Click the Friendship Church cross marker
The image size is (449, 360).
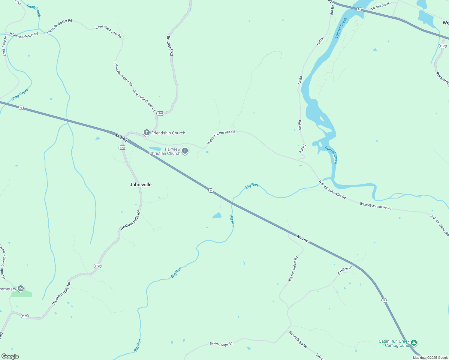[146, 132]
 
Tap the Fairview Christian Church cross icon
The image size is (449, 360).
[185, 151]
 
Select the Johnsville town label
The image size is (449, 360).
[140, 184]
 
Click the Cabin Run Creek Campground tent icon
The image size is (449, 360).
[414, 342]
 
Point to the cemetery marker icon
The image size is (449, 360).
[21, 289]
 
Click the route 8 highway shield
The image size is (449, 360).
[359, 9]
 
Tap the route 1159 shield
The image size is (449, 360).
[442, 46]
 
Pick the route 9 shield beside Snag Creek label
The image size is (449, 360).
[21, 108]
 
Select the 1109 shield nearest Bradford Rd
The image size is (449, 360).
[160, 113]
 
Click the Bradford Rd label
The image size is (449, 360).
[170, 46]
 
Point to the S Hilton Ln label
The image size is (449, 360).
[345, 271]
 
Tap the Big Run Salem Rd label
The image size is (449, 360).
[293, 268]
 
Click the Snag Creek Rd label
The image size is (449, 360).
[5, 46]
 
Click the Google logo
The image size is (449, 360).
[10, 356]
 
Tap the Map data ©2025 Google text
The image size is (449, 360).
[430, 358]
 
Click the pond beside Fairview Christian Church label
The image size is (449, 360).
[155, 149]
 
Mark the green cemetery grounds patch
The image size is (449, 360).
[22, 294]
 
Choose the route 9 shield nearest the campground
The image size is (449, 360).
[384, 300]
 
